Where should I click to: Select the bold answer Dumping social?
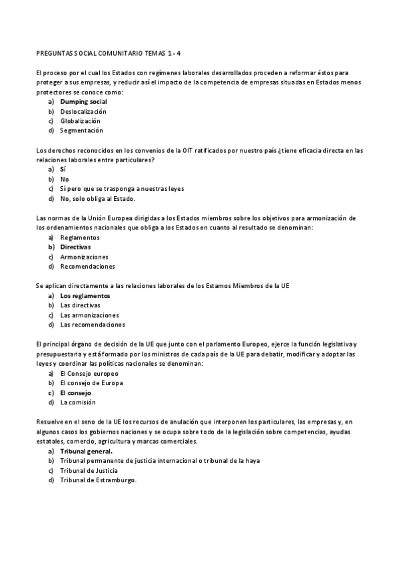coord(83,102)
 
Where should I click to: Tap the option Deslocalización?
coord(83,112)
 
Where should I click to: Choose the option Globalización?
coord(81,121)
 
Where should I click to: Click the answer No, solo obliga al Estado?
coord(97,198)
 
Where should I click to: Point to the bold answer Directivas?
coord(75,247)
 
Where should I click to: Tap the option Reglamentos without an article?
coord(79,237)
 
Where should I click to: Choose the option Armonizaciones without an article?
coord(84,257)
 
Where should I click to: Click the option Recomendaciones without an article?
coord(87,266)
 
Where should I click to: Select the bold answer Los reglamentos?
coord(85,295)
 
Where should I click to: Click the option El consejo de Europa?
coord(91,383)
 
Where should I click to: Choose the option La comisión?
coord(78,402)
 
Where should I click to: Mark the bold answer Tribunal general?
coord(86,451)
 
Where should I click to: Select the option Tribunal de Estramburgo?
coord(98,480)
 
